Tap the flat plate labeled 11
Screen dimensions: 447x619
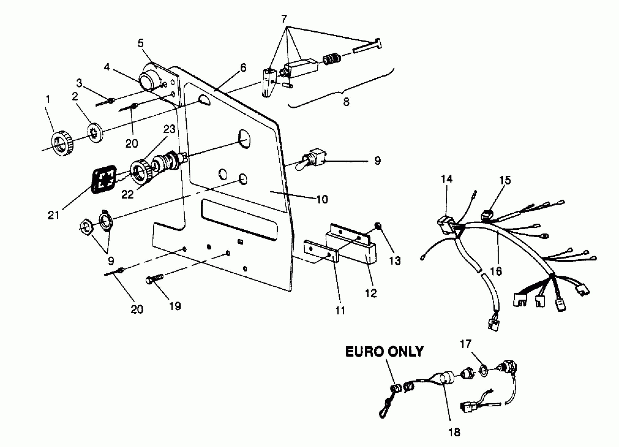(x=321, y=250)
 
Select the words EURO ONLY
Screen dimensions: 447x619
(x=384, y=352)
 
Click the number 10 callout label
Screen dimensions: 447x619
(x=322, y=200)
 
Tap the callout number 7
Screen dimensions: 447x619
(x=284, y=19)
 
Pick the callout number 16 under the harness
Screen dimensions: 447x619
(x=496, y=271)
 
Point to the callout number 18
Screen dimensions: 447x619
(x=454, y=432)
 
